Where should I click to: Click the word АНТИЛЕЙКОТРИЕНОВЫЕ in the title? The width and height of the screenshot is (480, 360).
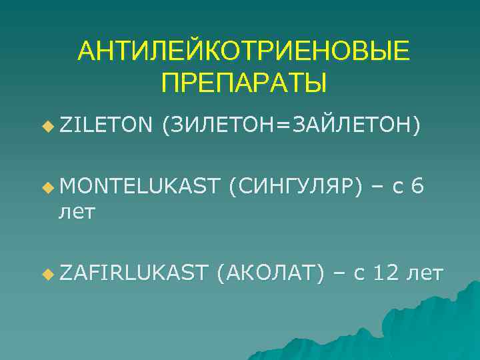click(243, 52)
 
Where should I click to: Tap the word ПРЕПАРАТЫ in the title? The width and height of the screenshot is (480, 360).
click(244, 83)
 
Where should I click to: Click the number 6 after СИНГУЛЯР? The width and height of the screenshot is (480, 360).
click(417, 188)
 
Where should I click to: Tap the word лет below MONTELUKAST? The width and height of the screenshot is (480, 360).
click(78, 213)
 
